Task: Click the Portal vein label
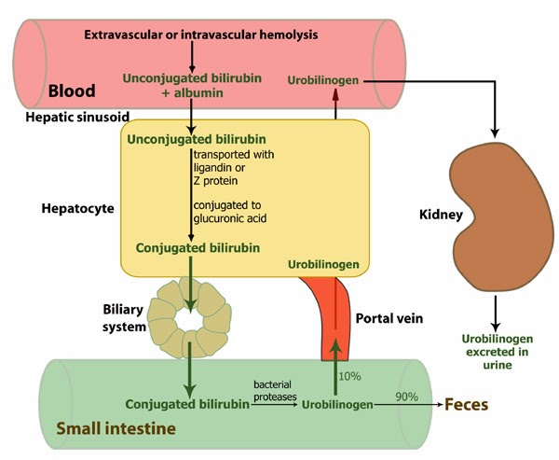tap(389, 318)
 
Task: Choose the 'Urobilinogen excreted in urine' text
tap(496, 353)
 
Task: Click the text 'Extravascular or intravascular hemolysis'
tap(201, 35)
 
